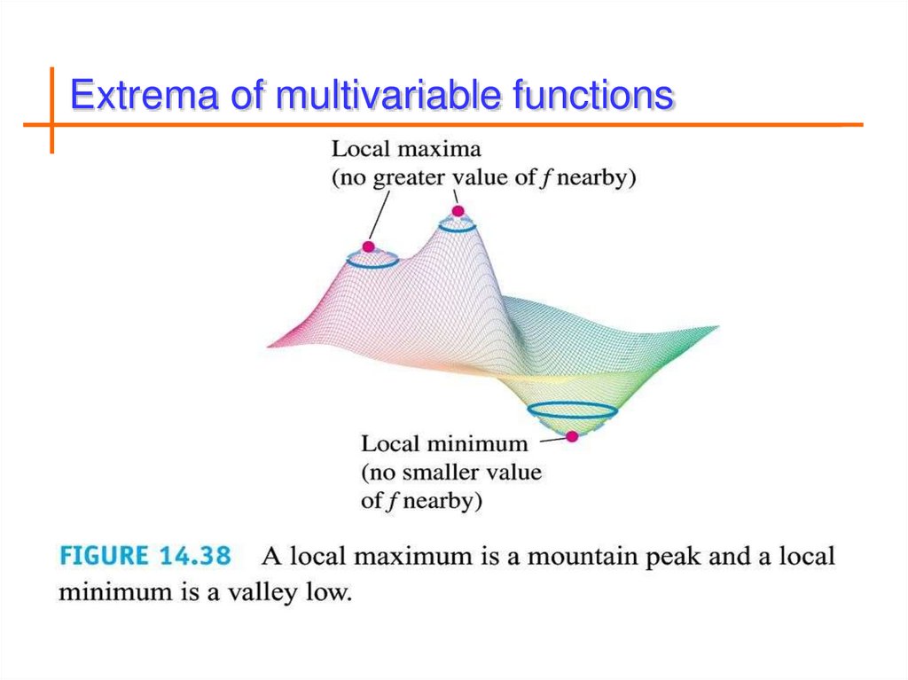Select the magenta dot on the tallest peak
(458, 211)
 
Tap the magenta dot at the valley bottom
(572, 436)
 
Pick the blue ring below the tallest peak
(458, 225)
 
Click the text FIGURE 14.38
(145, 556)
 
